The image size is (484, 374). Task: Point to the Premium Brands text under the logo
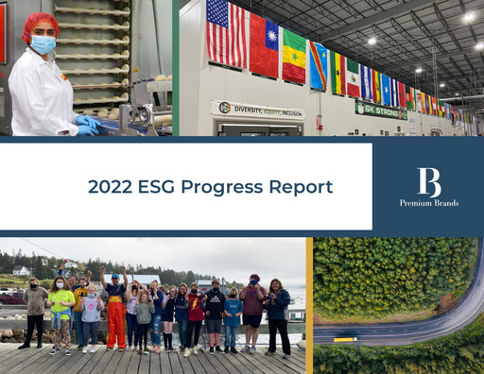[428, 203]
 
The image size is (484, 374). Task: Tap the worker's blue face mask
[43, 44]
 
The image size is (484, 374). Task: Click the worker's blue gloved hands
[88, 125]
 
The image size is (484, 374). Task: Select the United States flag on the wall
[227, 35]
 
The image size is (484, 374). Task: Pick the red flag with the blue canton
[264, 44]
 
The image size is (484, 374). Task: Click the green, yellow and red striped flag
[294, 55]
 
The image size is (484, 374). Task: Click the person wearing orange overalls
[115, 314]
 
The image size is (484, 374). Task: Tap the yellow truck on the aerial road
[344, 338]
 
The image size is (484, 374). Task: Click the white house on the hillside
[21, 271]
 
